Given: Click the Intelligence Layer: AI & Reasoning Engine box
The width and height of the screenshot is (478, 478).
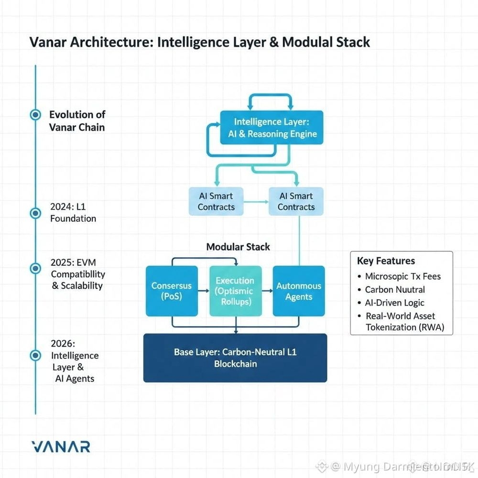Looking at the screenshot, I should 272,128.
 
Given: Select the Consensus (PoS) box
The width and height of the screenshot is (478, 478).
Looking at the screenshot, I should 171,291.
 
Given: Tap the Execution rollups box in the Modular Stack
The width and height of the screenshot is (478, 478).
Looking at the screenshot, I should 235,291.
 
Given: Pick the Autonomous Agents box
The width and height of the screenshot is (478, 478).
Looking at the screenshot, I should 299,291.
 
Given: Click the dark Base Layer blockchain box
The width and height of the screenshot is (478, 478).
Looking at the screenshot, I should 235,358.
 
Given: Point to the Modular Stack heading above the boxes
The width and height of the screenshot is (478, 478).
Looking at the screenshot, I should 238,247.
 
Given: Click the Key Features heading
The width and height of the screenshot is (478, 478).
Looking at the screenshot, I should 386,261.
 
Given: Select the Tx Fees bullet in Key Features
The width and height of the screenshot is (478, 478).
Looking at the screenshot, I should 402,276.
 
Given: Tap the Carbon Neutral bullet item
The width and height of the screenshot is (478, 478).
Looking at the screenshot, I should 394,290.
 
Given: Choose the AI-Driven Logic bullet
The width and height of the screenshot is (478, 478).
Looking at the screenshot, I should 394,303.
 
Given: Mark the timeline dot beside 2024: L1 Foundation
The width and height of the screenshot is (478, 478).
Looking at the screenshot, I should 35,213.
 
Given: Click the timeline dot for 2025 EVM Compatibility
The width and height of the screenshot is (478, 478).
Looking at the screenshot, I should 35,269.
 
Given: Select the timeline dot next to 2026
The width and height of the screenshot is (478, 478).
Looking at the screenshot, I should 35,356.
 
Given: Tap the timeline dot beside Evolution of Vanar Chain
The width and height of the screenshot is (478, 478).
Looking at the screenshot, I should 35,115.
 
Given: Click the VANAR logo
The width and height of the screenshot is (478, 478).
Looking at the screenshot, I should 60,446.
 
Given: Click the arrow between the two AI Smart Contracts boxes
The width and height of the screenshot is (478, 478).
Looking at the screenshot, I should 255,201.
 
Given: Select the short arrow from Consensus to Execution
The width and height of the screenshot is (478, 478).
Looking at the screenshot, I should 204,291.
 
